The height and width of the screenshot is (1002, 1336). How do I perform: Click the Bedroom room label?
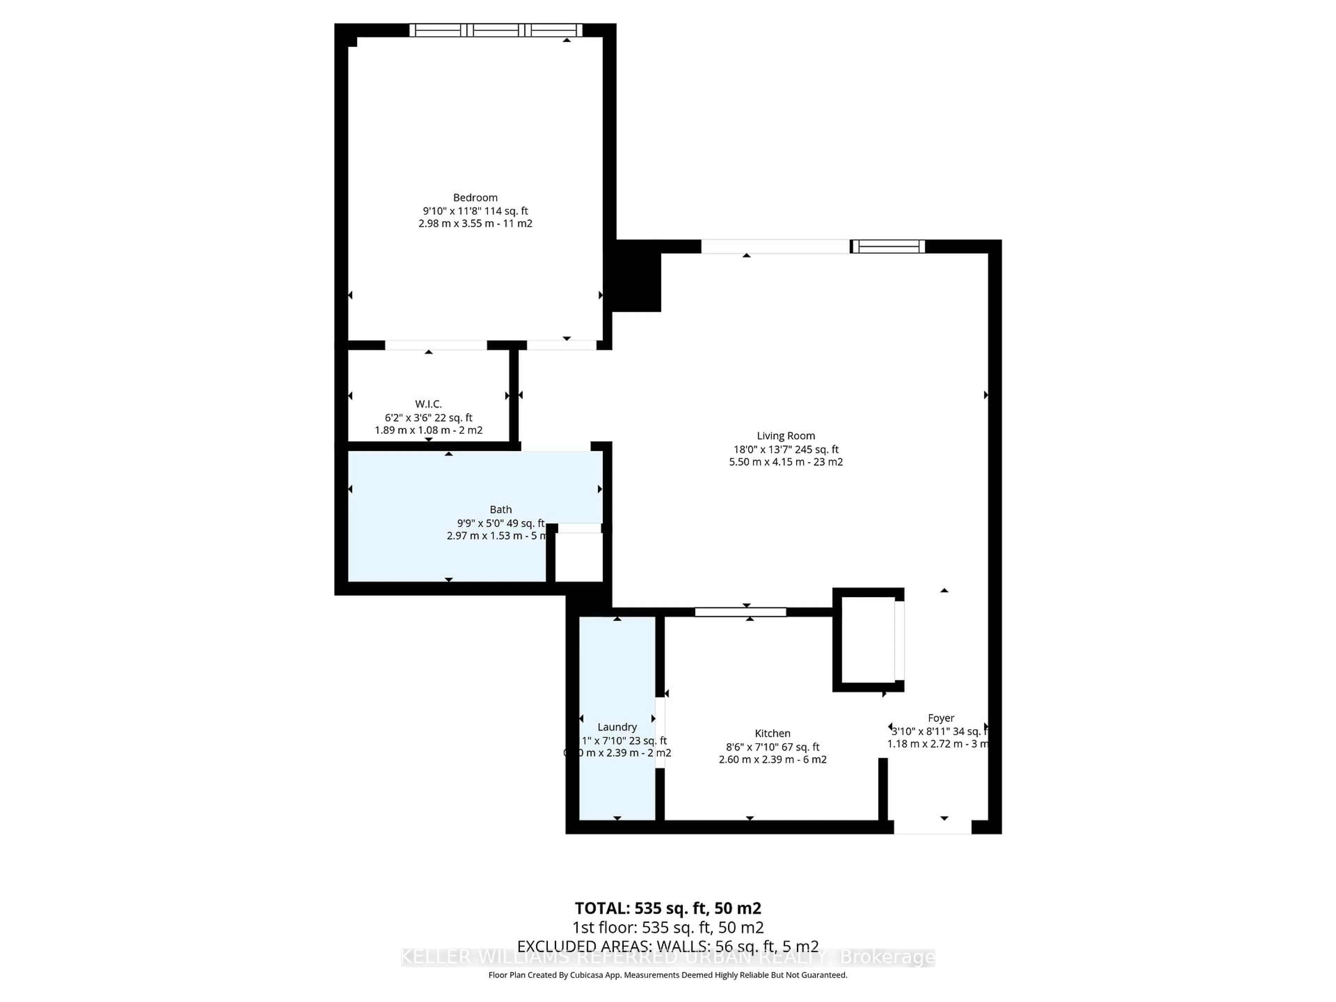point(475,198)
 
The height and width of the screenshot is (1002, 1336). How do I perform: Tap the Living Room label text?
point(786,436)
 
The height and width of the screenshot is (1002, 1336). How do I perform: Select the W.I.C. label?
point(428,404)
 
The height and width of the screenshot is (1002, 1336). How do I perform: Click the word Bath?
point(501,509)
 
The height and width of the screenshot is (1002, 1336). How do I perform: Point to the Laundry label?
point(617,726)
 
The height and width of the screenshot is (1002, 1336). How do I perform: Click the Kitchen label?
point(772,733)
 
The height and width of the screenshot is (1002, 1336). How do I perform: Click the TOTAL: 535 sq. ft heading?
point(667,908)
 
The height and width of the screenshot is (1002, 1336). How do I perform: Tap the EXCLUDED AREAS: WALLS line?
point(667,946)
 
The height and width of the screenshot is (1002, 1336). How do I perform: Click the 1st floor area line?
point(667,927)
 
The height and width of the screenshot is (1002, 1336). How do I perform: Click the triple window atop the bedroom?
point(495,30)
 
